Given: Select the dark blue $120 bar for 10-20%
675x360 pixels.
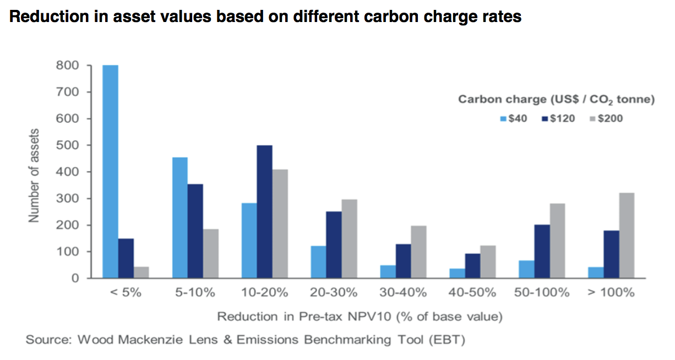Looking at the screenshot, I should pyautogui.click(x=264, y=212).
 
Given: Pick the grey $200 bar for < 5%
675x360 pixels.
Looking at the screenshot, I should pyautogui.click(x=141, y=272).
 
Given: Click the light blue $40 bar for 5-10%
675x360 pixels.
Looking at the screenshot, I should pyautogui.click(x=179, y=218).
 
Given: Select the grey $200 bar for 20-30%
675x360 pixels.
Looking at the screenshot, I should pyautogui.click(x=349, y=239).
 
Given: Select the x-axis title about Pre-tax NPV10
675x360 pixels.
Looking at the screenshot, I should pyautogui.click(x=360, y=317).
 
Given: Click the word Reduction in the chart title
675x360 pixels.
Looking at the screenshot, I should pyautogui.click(x=42, y=17).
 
